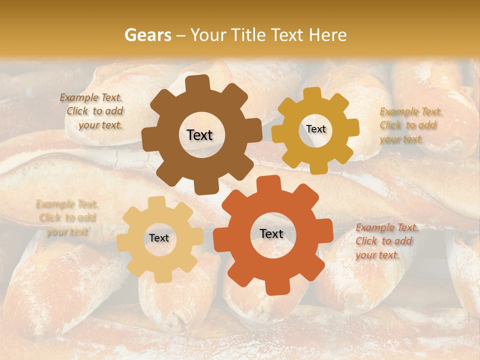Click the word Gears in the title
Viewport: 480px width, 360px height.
click(x=147, y=35)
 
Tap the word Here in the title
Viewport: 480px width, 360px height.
click(x=328, y=35)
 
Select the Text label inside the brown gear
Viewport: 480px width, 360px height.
click(x=199, y=135)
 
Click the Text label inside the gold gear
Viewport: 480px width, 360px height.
click(x=315, y=129)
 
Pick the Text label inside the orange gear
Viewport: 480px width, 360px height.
click(x=271, y=233)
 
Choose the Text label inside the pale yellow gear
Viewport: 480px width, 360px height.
click(x=159, y=238)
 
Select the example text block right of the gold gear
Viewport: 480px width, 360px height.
click(x=409, y=125)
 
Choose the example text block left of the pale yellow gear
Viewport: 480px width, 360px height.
click(x=66, y=217)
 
